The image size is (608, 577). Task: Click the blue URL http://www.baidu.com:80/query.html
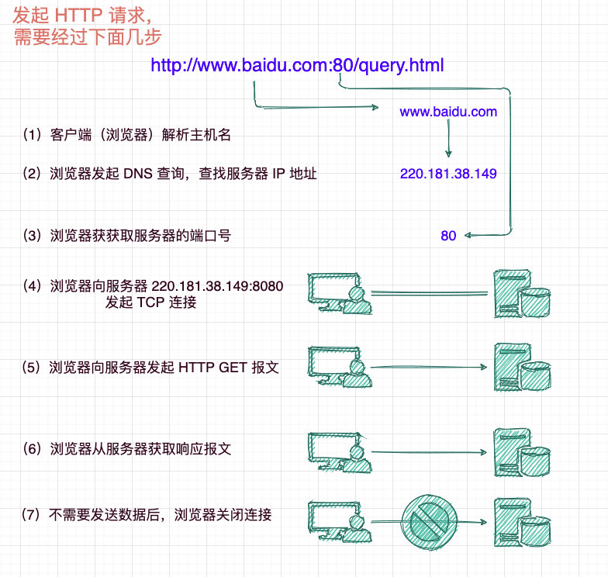297,65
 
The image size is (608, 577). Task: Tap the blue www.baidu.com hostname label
448,112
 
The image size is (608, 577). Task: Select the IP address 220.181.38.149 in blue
448,174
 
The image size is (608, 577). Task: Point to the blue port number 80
448,236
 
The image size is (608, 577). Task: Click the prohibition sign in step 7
430,522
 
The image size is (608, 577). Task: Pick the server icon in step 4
522,294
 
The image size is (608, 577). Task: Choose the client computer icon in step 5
340,367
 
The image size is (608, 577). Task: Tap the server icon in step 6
522,453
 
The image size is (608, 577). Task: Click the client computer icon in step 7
340,521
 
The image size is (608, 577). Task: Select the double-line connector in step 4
430,293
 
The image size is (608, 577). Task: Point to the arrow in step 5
429,367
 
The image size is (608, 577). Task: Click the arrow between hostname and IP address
448,138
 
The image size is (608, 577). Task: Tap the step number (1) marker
33,135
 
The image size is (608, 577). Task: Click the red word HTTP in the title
78,16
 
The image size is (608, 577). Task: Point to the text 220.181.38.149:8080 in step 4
217,286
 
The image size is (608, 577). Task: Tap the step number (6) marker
33,448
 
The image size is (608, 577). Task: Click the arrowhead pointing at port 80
468,235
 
